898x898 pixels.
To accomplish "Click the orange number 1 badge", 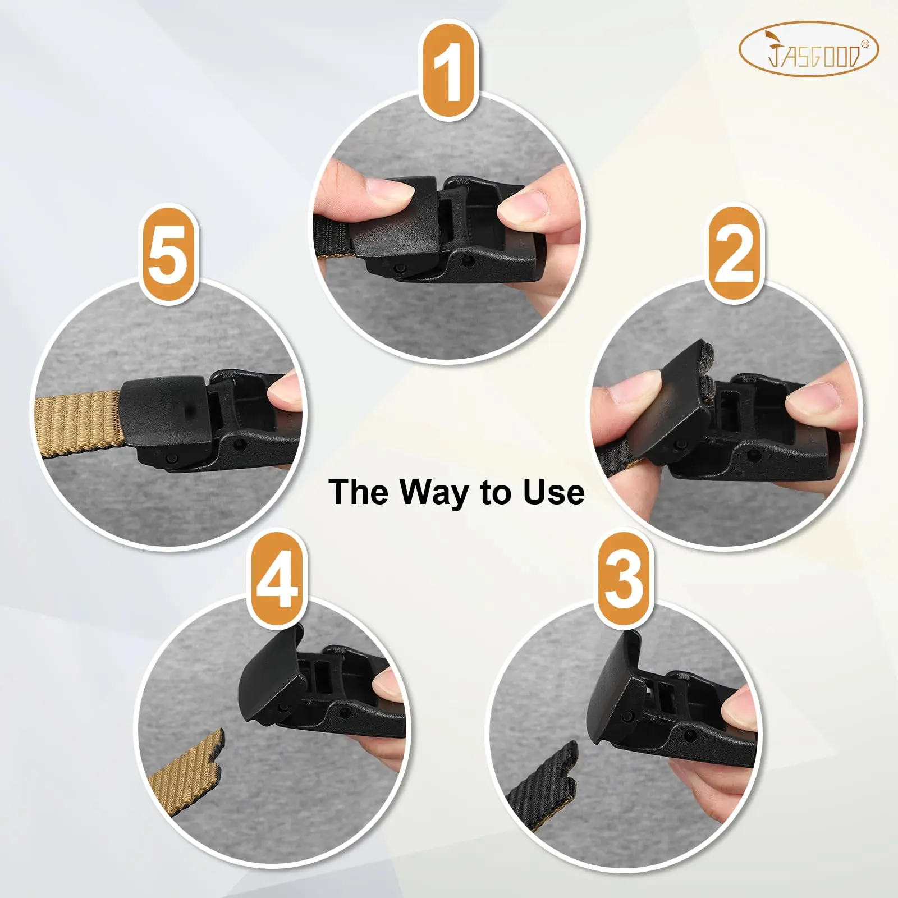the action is click(x=449, y=71).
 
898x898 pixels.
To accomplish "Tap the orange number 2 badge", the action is click(x=734, y=252).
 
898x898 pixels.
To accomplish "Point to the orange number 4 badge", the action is click(x=277, y=579).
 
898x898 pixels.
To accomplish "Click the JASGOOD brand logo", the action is click(x=808, y=50).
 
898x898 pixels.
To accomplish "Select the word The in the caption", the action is click(x=358, y=492).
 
